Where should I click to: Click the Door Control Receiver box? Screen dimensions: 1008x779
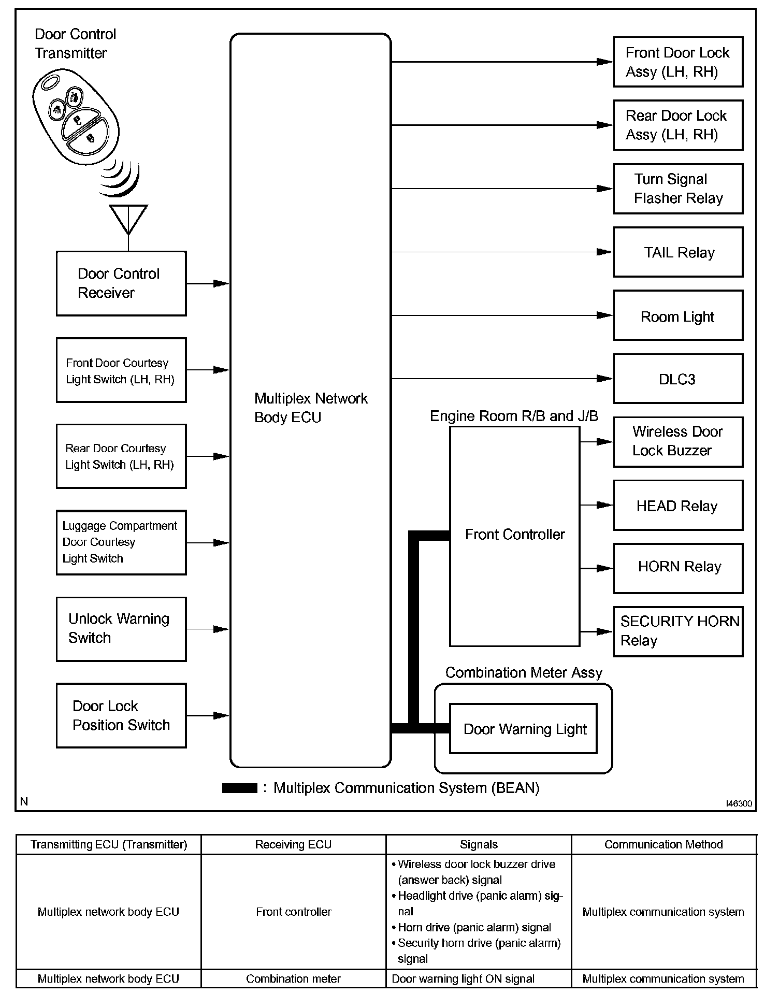[121, 283]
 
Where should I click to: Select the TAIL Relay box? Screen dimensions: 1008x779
[678, 252]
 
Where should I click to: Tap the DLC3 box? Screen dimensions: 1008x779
[678, 379]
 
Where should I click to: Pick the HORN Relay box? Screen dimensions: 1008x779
[678, 568]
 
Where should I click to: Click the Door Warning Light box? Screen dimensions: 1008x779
[523, 729]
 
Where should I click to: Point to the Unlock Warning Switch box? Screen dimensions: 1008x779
[121, 629]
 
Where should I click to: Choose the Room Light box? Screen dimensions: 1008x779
[678, 315]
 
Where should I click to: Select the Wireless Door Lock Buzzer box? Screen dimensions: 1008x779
[678, 442]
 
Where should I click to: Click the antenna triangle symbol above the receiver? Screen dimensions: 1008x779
[128, 218]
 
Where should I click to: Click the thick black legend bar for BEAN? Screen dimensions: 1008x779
[239, 788]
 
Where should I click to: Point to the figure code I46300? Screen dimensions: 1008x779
[739, 803]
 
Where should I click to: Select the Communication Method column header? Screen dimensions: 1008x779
[663, 845]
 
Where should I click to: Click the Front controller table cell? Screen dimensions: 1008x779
[294, 912]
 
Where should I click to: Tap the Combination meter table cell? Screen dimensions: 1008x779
[294, 978]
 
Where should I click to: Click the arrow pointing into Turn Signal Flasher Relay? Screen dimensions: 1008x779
[604, 189]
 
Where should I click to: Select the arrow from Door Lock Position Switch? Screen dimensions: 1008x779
[221, 715]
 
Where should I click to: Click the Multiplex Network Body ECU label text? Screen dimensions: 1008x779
[311, 408]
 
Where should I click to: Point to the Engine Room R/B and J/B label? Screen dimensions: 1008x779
[514, 416]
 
